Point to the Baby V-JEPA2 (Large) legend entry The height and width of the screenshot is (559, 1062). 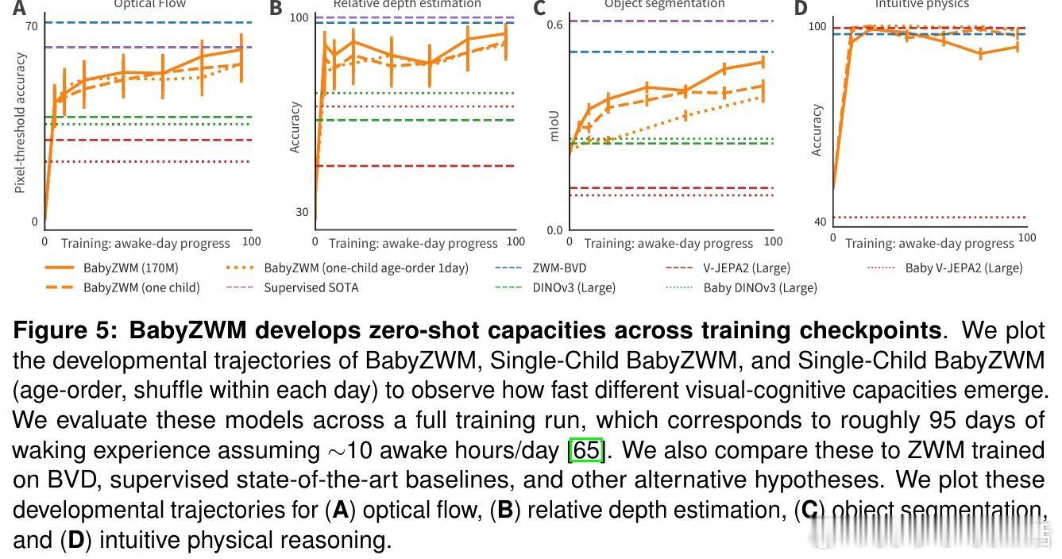point(964,268)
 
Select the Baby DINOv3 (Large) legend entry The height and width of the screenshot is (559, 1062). point(759,287)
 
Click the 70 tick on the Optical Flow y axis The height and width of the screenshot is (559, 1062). point(32,26)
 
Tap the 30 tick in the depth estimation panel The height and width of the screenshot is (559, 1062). point(301,212)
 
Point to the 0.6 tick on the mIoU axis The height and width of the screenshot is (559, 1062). point(554,25)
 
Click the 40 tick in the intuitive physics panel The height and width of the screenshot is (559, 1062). point(820,222)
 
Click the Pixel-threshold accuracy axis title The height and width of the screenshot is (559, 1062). point(20,123)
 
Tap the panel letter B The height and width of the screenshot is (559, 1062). point(276,8)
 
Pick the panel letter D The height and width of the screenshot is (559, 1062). point(800,8)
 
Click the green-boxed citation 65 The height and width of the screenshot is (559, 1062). point(587,450)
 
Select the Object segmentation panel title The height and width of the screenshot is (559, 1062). point(664,4)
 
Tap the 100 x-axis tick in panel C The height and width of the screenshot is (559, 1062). point(772,241)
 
